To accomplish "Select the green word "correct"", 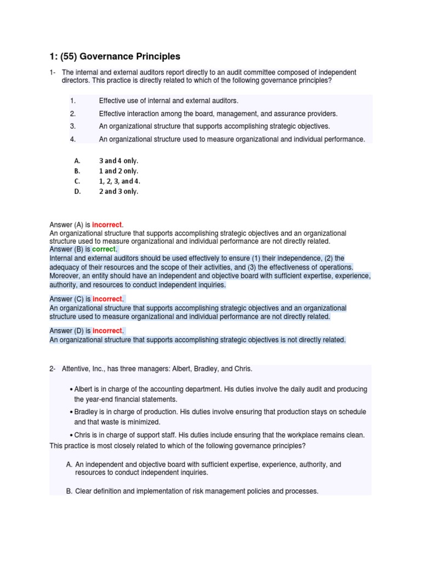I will [104, 249].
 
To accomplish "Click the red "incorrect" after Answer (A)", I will [107, 225].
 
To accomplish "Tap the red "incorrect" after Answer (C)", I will [108, 299].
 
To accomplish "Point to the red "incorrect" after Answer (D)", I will [108, 331].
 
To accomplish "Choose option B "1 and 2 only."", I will [118, 171].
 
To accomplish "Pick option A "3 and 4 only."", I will [118, 161].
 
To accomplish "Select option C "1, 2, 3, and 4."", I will [123, 181].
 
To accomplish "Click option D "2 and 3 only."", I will [118, 192].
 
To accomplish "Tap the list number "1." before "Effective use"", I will [72, 101].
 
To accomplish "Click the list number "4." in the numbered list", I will [72, 139].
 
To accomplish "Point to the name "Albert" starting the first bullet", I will [84, 389].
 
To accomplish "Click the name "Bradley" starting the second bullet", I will [87, 412].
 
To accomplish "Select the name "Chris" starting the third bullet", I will [83, 435].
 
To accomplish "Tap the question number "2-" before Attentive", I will [53, 368].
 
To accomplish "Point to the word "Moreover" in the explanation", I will [65, 276].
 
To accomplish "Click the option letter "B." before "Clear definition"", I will [69, 491].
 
